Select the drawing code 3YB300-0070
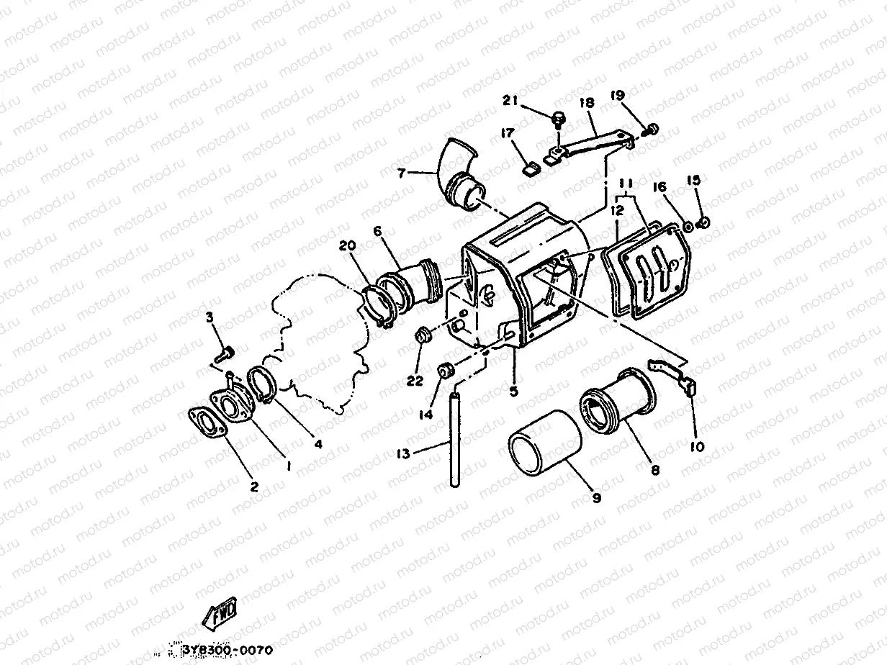(x=227, y=650)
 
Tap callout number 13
(x=403, y=454)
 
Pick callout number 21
(x=510, y=100)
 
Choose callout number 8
(x=655, y=470)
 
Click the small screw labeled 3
(x=225, y=354)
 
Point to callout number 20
(x=348, y=245)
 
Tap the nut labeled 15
(x=704, y=222)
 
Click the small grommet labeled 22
(x=423, y=335)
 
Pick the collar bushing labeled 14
(x=446, y=371)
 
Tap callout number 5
(x=513, y=392)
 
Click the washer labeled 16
(x=688, y=227)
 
